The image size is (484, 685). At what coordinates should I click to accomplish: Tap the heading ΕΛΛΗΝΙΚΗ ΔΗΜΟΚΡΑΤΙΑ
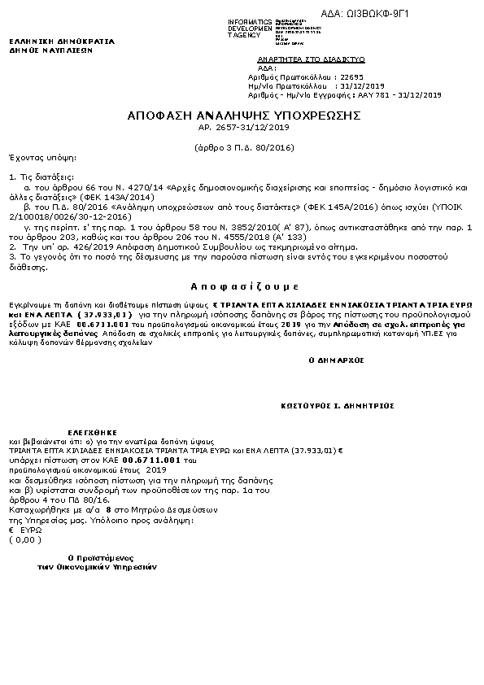[x=62, y=41]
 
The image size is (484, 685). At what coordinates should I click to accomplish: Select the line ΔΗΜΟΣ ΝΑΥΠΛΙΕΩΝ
[x=51, y=49]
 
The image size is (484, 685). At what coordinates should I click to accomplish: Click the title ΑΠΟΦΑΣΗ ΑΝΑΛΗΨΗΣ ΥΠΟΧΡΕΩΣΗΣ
[x=243, y=116]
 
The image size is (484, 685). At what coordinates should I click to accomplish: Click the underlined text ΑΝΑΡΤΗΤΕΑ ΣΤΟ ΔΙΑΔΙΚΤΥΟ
[x=311, y=59]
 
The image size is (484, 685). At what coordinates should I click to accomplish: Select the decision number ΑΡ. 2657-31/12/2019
[x=243, y=128]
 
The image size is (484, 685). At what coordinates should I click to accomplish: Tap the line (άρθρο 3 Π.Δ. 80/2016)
[x=243, y=148]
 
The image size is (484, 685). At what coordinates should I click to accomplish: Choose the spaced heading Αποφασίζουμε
[x=244, y=287]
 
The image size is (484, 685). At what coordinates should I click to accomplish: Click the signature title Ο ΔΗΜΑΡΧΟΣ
[x=337, y=359]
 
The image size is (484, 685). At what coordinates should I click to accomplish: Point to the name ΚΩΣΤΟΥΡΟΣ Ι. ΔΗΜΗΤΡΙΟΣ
[x=338, y=404]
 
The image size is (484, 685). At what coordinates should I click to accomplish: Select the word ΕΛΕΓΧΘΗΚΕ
[x=93, y=432]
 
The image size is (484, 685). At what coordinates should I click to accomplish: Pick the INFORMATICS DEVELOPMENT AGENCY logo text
[x=250, y=28]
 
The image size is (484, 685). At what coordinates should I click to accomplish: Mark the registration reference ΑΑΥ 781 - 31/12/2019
[x=399, y=94]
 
